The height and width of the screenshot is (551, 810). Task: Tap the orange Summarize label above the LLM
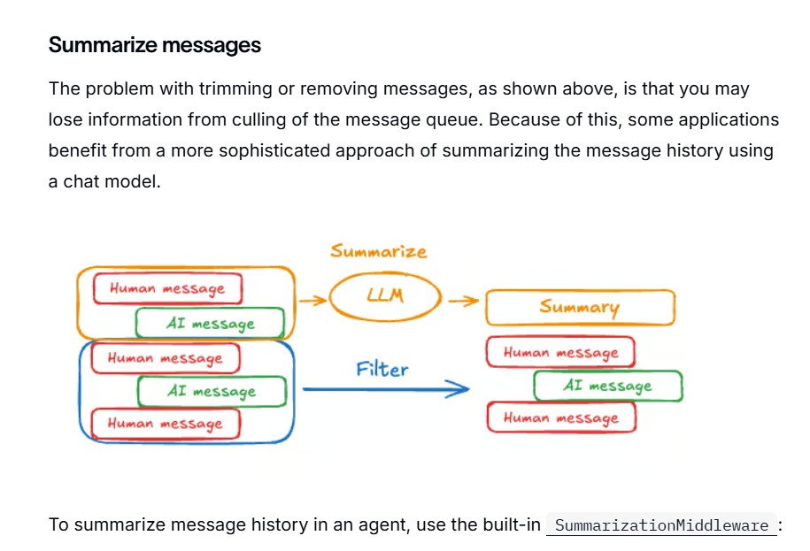pyautogui.click(x=379, y=251)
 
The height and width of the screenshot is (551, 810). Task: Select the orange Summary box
pyautogui.click(x=580, y=308)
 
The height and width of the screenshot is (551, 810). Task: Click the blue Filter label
pyautogui.click(x=382, y=369)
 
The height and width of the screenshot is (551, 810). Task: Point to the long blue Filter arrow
pyautogui.click(x=385, y=389)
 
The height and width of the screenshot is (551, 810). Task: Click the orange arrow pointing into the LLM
pyautogui.click(x=313, y=300)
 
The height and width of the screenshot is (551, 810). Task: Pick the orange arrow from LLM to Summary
pyautogui.click(x=463, y=301)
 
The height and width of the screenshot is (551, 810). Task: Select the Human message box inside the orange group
pyautogui.click(x=168, y=288)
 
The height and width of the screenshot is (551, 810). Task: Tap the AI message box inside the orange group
pyautogui.click(x=210, y=323)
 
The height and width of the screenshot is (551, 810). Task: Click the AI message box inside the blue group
pyautogui.click(x=212, y=391)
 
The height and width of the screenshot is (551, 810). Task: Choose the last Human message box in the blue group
pyautogui.click(x=166, y=424)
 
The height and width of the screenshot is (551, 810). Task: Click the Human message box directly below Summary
pyautogui.click(x=560, y=352)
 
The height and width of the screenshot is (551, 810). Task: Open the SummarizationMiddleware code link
pyautogui.click(x=661, y=525)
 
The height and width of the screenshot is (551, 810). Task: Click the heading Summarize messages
pyautogui.click(x=155, y=45)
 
